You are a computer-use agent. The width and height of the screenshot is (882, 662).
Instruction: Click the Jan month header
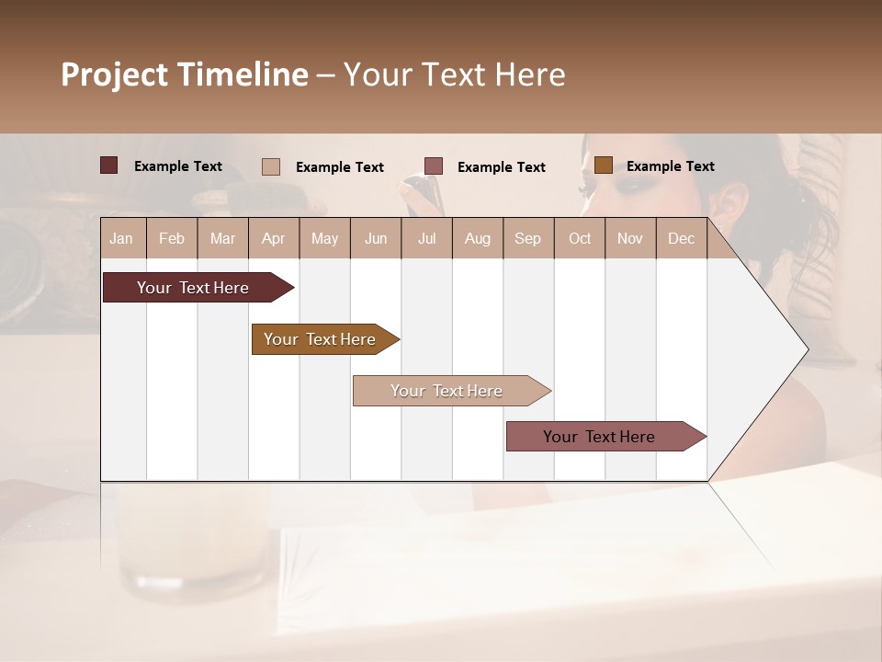tap(122, 238)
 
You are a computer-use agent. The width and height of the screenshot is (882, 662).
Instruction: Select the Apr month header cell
tap(274, 238)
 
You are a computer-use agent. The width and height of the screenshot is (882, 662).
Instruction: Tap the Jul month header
tap(426, 238)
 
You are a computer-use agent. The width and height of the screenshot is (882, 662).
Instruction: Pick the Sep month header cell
tap(527, 238)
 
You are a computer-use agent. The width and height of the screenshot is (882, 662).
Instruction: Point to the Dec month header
tap(681, 238)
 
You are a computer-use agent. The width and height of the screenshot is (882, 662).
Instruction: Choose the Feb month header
tap(172, 238)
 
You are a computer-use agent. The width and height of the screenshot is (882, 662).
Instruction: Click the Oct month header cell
tap(580, 238)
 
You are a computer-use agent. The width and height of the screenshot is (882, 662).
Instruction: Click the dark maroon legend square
tap(109, 165)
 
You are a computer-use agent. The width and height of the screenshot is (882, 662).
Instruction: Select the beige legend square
tap(271, 166)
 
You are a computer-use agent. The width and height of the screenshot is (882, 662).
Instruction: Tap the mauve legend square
tap(434, 165)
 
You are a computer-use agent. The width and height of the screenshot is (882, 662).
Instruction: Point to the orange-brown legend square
tap(603, 165)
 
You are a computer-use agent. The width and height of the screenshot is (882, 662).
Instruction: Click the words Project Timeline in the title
tap(185, 74)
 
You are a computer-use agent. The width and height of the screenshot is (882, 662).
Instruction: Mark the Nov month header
tap(630, 238)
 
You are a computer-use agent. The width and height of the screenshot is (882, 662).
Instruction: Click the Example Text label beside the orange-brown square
tap(670, 166)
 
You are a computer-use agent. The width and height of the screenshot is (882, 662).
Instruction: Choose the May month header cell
tap(324, 238)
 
